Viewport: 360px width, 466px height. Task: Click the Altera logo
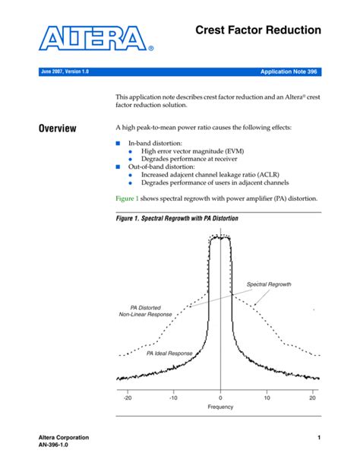96,40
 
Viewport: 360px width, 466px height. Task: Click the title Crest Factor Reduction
258,30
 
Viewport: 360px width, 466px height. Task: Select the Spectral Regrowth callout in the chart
269,284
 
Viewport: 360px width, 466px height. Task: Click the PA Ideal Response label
170,353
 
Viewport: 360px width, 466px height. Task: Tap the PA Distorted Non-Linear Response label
145,312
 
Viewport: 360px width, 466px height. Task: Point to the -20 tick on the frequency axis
128,397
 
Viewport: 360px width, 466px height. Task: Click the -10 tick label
173,397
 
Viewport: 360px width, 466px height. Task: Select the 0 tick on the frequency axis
220,397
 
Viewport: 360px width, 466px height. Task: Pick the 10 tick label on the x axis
267,397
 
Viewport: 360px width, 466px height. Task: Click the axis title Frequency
220,407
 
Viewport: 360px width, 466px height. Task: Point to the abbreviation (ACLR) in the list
276,174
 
